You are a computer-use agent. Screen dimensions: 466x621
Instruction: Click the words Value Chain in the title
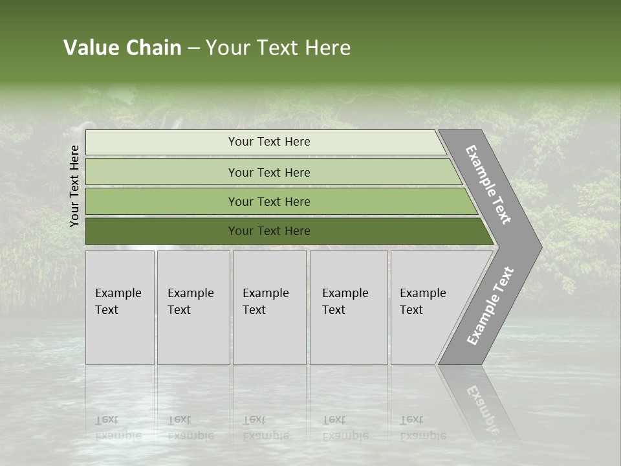122,48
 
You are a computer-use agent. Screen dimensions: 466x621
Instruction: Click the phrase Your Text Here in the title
278,48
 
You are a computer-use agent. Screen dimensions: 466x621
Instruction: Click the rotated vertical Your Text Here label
74,186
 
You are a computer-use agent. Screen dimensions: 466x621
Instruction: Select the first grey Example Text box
120,307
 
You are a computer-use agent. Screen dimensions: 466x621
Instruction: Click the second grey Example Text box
193,307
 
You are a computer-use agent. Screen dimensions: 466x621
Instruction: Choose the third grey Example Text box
269,307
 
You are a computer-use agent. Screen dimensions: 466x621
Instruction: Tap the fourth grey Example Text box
349,307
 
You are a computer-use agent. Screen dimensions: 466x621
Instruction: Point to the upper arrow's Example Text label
488,184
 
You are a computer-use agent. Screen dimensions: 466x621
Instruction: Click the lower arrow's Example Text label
490,305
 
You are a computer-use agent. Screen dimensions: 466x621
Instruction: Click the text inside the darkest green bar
269,231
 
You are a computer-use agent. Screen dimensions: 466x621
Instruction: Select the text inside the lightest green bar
269,142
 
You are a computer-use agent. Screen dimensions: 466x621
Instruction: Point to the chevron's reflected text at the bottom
482,408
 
